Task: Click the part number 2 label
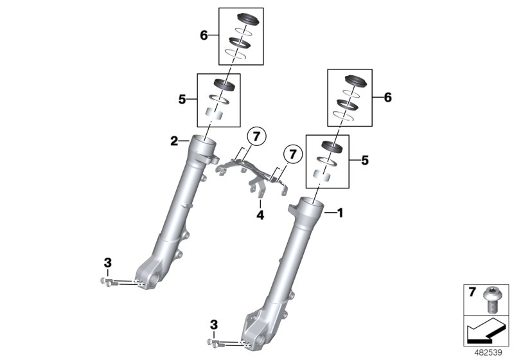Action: click(174, 141)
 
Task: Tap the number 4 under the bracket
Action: click(260, 216)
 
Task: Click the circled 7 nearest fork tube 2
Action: click(257, 136)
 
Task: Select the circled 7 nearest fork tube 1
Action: click(292, 154)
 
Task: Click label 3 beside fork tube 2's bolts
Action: click(107, 262)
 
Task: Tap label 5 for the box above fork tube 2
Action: click(182, 100)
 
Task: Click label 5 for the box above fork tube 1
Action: click(366, 160)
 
